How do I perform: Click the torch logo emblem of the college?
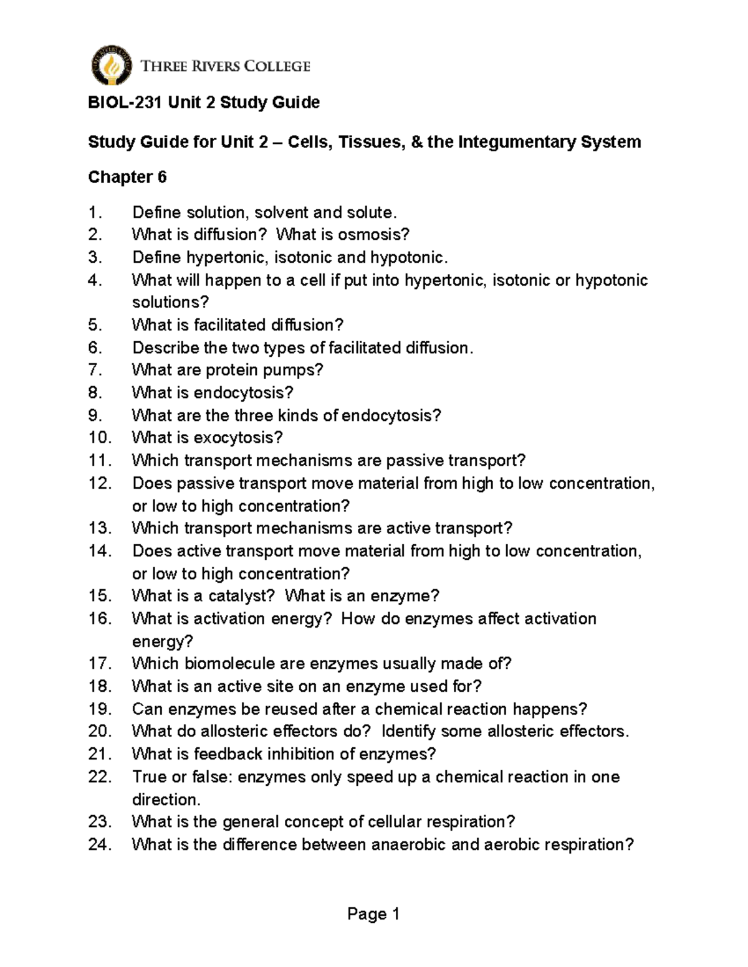pos(112,65)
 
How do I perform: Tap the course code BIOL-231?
pos(125,102)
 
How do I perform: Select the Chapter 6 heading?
pos(127,177)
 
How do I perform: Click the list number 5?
pos(94,325)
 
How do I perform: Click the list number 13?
pos(100,528)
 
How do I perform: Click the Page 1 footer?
pos(373,914)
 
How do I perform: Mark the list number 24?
pos(100,845)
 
